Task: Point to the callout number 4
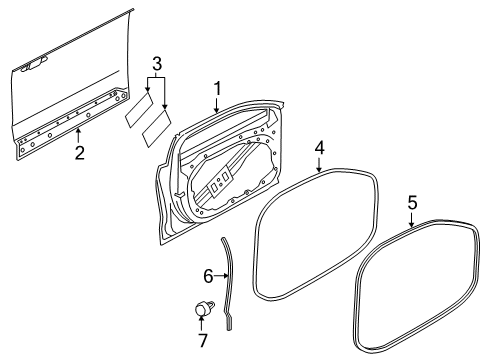coord(318,147)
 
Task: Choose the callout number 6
coord(209,274)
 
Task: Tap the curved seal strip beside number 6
coord(229,281)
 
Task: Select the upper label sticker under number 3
coord(138,109)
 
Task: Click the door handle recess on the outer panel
coord(33,66)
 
